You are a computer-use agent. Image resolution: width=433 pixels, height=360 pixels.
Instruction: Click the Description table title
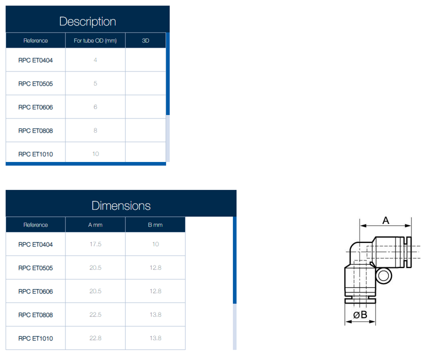87,21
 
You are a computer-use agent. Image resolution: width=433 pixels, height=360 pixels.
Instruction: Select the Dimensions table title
121,205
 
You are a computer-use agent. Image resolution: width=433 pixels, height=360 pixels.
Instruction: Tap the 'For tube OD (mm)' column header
95,40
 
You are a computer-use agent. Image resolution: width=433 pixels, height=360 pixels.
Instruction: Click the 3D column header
145,40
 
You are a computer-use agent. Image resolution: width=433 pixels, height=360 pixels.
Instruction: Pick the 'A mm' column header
95,225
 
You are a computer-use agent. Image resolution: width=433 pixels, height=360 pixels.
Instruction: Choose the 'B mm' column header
155,225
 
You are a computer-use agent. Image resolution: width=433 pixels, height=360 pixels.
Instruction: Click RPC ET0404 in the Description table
35,60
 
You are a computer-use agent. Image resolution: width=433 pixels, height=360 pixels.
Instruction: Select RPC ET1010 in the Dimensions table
35,338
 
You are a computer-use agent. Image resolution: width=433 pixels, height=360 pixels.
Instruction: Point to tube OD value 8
95,130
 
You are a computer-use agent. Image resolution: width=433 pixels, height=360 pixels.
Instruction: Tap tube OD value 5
95,83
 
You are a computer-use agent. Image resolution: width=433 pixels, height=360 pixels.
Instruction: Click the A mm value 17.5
95,244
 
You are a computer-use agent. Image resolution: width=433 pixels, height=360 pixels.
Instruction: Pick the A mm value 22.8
95,338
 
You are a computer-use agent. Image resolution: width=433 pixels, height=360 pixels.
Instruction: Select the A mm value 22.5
95,314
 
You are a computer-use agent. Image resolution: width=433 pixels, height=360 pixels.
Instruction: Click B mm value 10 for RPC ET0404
155,244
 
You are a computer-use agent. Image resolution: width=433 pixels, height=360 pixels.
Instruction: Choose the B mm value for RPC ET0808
155,314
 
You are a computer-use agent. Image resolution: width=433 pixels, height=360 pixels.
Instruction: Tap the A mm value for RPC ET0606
95,291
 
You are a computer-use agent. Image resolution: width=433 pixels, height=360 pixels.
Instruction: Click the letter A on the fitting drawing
386,220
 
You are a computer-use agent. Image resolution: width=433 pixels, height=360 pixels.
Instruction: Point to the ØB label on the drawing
360,314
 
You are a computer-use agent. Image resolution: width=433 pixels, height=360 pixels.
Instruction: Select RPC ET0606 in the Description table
35,107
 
